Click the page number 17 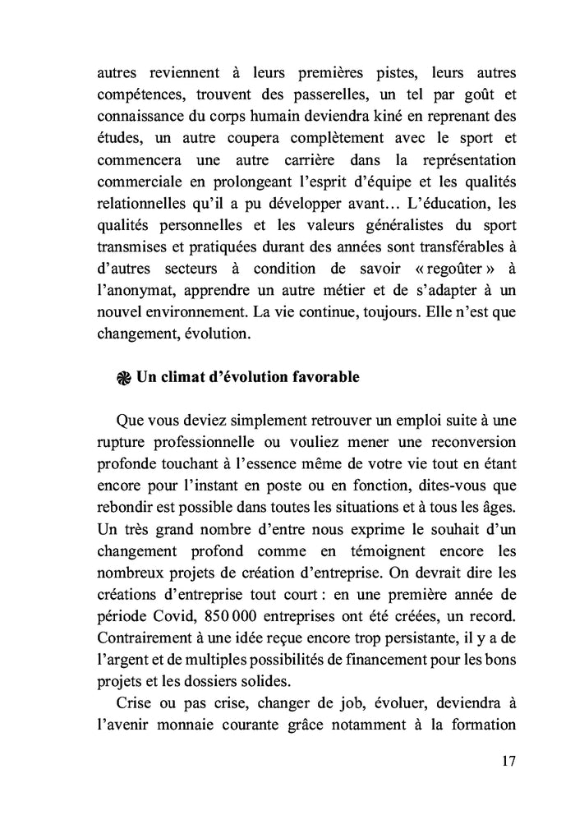(508, 761)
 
